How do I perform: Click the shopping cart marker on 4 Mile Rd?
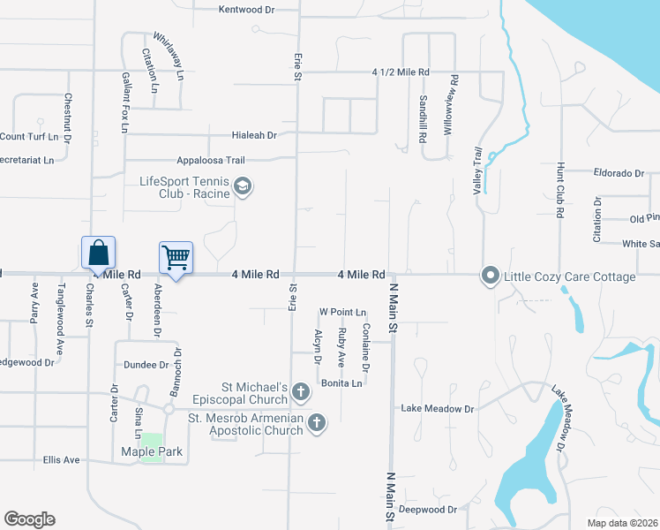pos(176,259)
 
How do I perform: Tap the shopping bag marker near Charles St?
pos(99,253)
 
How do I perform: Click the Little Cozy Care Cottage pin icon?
pos(491,276)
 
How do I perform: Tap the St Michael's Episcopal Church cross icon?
pos(301,391)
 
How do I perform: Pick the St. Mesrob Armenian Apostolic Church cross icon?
pos(317,425)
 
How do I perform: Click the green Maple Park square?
pos(152,445)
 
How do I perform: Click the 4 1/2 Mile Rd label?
pos(401,72)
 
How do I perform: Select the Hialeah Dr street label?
pos(254,136)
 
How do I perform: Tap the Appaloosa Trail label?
pos(210,160)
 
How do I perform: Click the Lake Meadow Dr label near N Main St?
pos(438,409)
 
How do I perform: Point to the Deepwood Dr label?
pos(428,510)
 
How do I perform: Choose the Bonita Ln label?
pos(341,383)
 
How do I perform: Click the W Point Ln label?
pos(342,312)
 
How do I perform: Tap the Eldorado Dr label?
pos(619,173)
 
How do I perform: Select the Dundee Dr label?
pos(146,364)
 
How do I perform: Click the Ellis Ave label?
pos(62,460)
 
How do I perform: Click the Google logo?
pos(30,519)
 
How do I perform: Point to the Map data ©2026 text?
pos(622,523)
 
